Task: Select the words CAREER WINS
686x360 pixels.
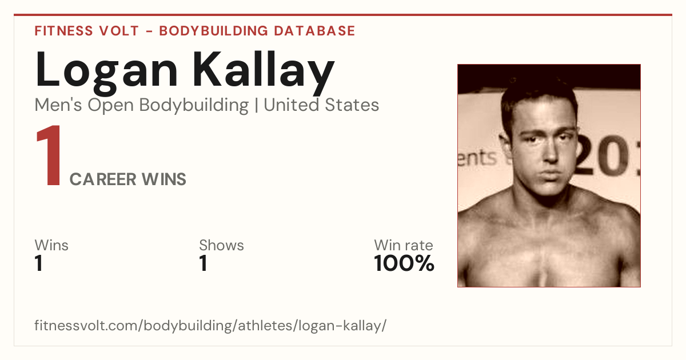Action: [127, 179]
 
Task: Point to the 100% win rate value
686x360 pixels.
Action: [404, 263]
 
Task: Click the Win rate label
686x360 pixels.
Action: [404, 245]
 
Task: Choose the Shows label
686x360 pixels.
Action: [221, 245]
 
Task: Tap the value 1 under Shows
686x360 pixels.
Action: [204, 263]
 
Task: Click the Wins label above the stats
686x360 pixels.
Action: [51, 245]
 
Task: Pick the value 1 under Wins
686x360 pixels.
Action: [39, 263]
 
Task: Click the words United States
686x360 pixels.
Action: [321, 105]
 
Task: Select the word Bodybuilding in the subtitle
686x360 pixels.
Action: [194, 106]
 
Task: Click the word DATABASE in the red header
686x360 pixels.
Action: [314, 31]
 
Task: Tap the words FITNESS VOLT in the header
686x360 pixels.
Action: [87, 31]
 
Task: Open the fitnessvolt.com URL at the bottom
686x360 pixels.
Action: [210, 325]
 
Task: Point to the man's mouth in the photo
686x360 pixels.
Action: [551, 174]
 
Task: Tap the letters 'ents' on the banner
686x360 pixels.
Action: [477, 158]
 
